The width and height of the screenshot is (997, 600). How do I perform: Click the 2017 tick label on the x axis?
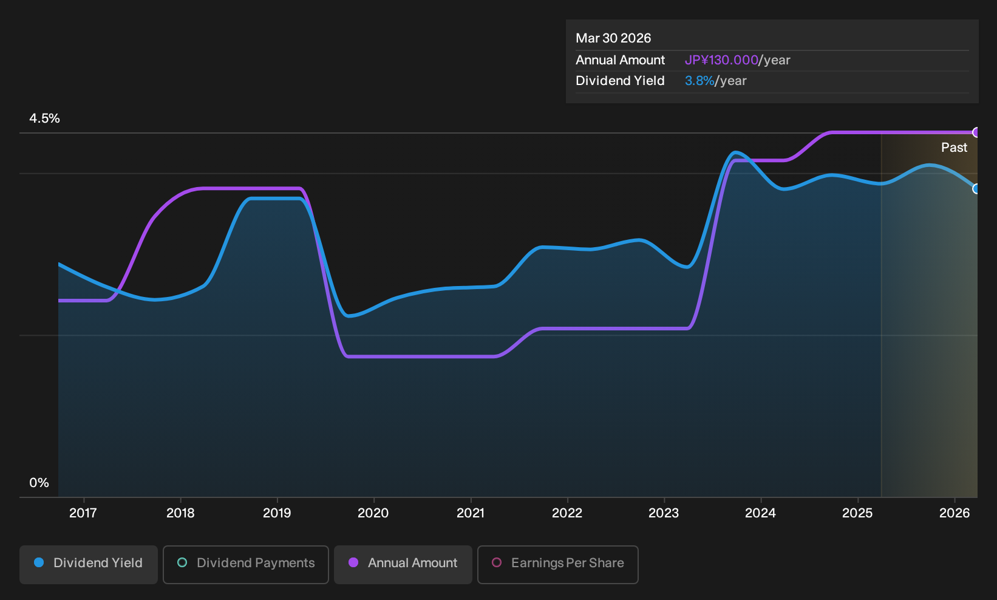pyautogui.click(x=83, y=513)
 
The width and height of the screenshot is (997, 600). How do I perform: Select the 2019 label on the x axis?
pyautogui.click(x=277, y=513)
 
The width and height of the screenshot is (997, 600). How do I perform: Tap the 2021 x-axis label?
pyautogui.click(x=471, y=513)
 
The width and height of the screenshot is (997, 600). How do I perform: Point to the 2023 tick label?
pyautogui.click(x=664, y=513)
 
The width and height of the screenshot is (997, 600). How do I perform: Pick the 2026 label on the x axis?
pyautogui.click(x=954, y=513)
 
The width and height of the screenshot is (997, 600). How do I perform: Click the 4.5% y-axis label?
pyautogui.click(x=44, y=118)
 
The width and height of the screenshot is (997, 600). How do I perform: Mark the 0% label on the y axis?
pyautogui.click(x=39, y=483)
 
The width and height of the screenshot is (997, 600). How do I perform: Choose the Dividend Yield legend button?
pyautogui.click(x=89, y=564)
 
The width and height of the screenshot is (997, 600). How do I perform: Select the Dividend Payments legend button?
pyautogui.click(x=246, y=564)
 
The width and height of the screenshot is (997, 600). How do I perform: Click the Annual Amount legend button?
pyautogui.click(x=403, y=564)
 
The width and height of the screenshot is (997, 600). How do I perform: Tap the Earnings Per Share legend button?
pyautogui.click(x=557, y=564)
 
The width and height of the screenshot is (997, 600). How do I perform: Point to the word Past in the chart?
pyautogui.click(x=954, y=148)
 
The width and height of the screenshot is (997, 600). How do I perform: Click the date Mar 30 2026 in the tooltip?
pyautogui.click(x=613, y=38)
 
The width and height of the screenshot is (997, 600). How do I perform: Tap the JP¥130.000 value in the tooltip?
pyautogui.click(x=721, y=60)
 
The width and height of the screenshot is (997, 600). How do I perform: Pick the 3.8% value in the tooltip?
pyautogui.click(x=699, y=81)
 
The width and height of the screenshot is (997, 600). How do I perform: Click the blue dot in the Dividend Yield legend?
pyautogui.click(x=39, y=562)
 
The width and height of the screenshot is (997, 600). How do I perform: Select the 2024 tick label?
pyautogui.click(x=761, y=513)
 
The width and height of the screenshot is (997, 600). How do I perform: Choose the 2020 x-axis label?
pyautogui.click(x=373, y=513)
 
